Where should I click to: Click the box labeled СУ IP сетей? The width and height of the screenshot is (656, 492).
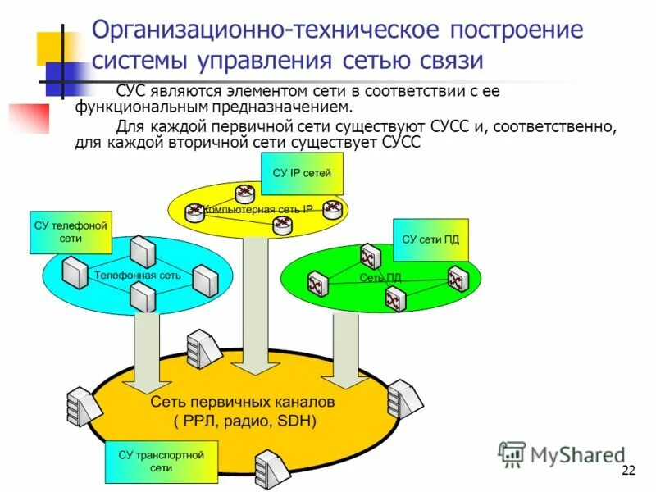(302, 173)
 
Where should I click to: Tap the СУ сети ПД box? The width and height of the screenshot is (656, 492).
(430, 239)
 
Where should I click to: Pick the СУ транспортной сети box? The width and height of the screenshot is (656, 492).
(161, 461)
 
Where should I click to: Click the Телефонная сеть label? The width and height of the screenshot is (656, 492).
(137, 276)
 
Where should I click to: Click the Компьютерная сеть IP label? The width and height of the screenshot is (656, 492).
(257, 209)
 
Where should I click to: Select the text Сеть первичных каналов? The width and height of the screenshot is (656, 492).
(242, 403)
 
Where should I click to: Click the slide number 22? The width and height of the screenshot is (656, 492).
(629, 470)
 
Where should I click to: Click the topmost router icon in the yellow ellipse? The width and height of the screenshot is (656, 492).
(244, 194)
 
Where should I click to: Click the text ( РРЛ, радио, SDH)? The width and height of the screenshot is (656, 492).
(244, 421)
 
